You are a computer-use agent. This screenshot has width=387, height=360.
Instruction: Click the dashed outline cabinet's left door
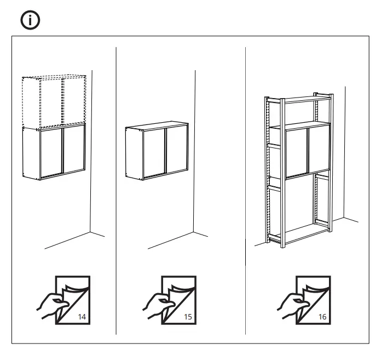pos(51,102)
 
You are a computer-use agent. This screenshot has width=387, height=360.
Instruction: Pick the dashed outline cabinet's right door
pos(73,101)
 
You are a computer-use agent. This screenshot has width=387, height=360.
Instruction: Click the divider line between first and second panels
pos(116,192)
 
